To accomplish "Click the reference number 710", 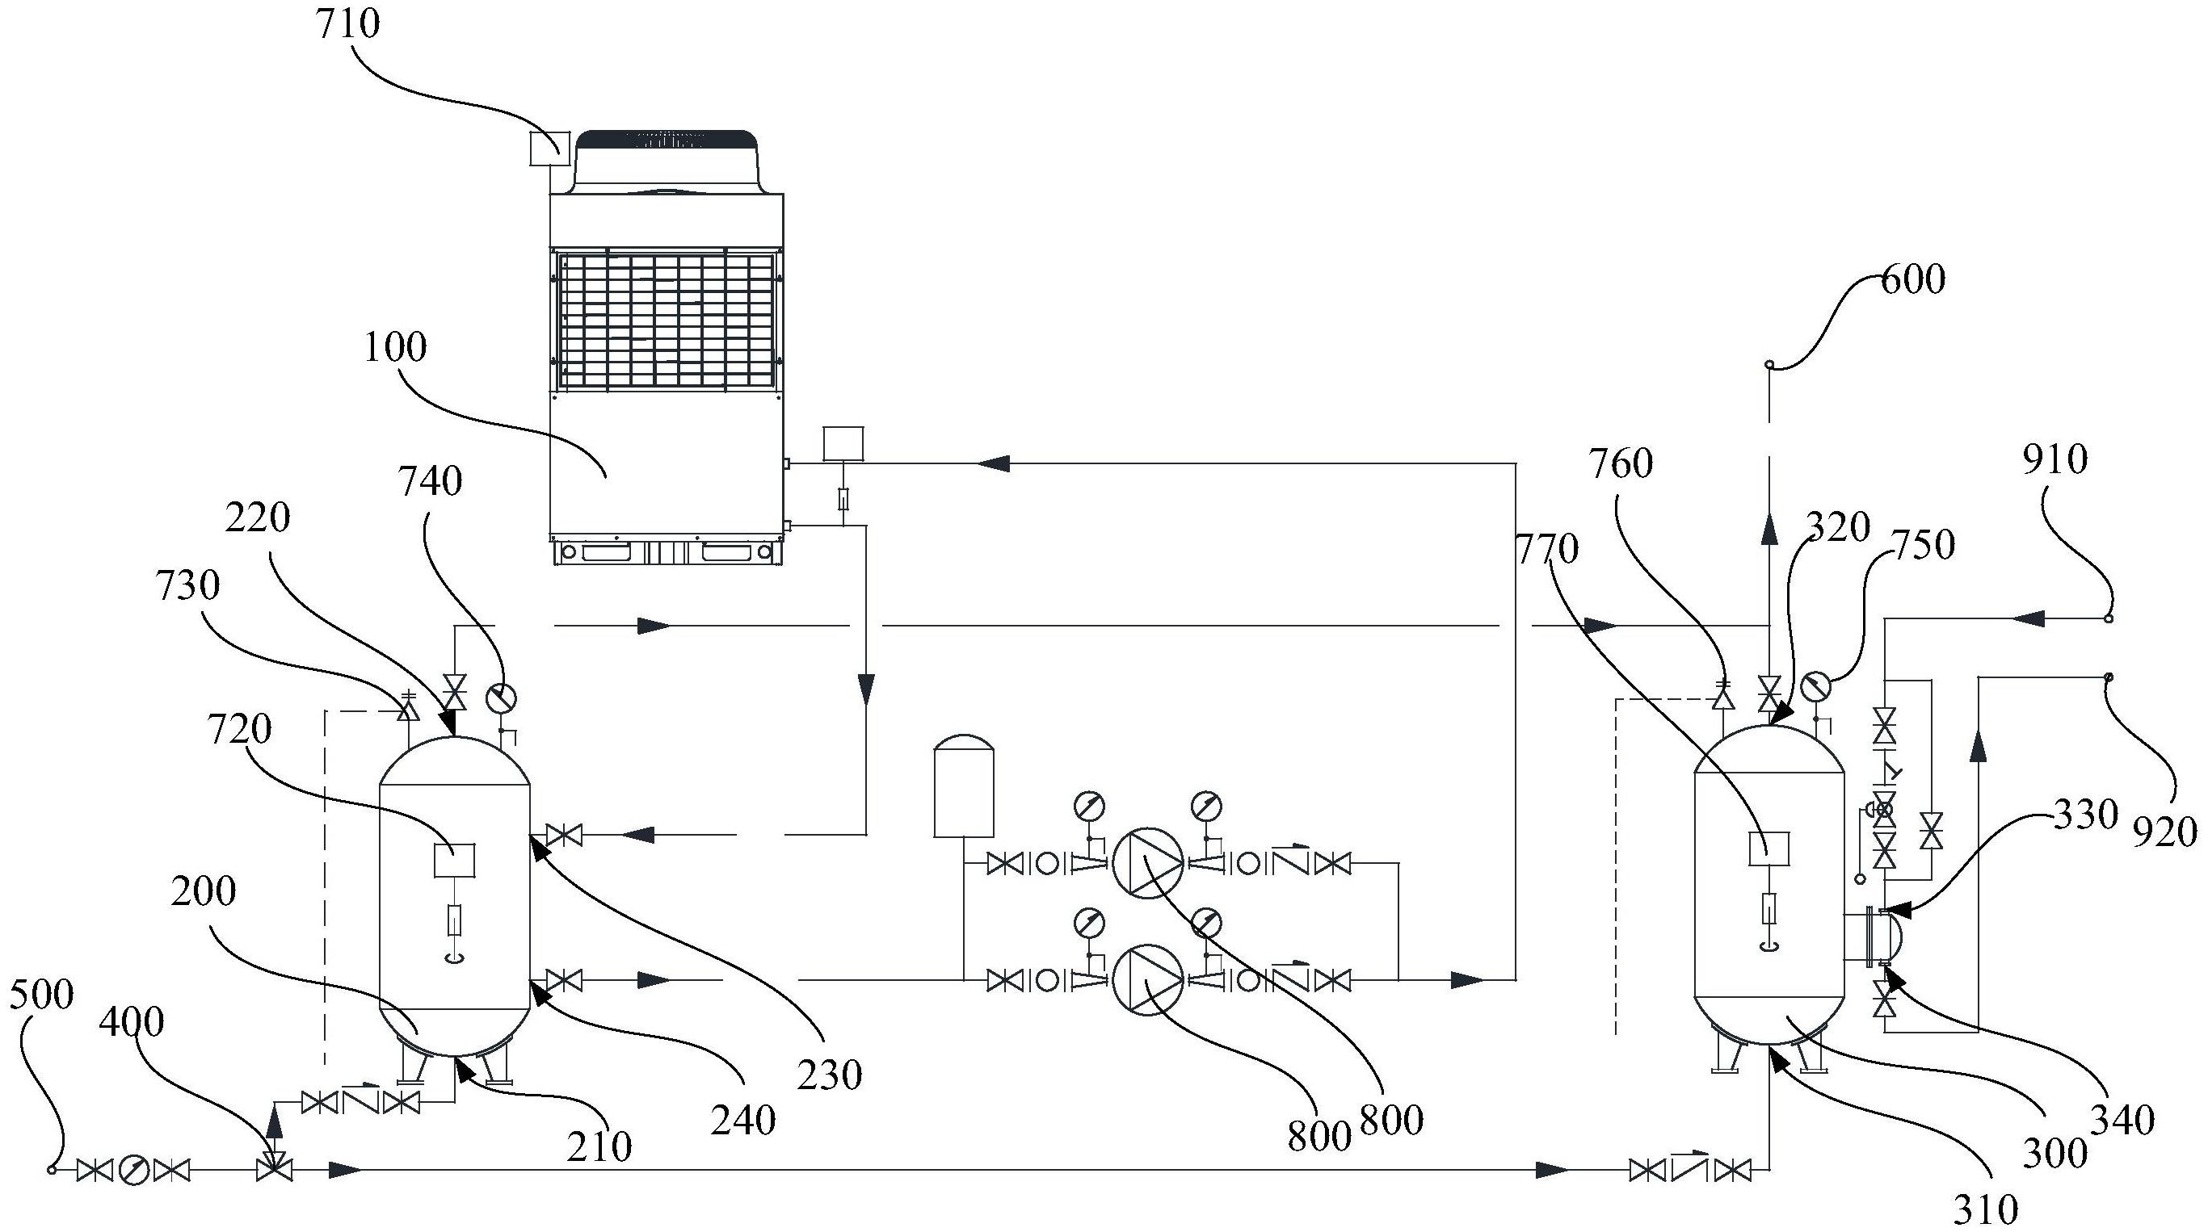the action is tap(348, 24).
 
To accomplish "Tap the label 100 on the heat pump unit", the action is tap(395, 348).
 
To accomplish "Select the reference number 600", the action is tap(1913, 279).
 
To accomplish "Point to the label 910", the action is tap(2055, 460).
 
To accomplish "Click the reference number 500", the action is tap(42, 995).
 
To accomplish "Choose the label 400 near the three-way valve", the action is tap(132, 1022).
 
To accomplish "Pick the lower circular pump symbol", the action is tap(1148, 980).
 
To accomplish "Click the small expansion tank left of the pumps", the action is tap(964, 785).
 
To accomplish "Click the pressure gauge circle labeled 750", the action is tap(1815, 686).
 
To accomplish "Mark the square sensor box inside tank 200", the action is tap(455, 860).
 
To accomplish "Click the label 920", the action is tap(2165, 832).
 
